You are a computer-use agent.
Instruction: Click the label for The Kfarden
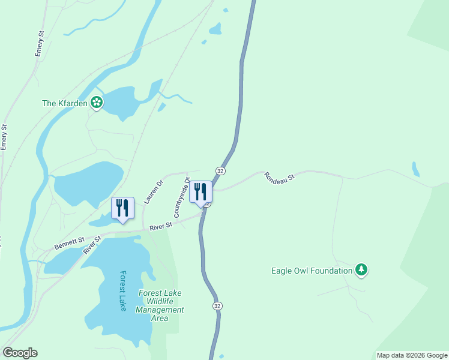pyautogui.click(x=65, y=103)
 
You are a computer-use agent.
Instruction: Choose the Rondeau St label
pyautogui.click(x=280, y=178)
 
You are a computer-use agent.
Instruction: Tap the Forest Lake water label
pyautogui.click(x=123, y=291)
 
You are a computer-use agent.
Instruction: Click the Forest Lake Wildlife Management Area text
pyautogui.click(x=160, y=305)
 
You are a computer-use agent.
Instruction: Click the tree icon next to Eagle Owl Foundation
pyautogui.click(x=361, y=271)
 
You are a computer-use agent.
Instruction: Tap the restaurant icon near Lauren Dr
pyautogui.click(x=122, y=208)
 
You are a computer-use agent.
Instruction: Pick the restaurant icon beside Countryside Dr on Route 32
pyautogui.click(x=200, y=192)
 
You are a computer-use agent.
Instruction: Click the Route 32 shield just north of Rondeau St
pyautogui.click(x=221, y=171)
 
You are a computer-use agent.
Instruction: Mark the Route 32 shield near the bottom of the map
pyautogui.click(x=217, y=305)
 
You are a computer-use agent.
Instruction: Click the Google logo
pyautogui.click(x=20, y=353)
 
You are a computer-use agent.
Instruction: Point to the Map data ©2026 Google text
pyautogui.click(x=411, y=355)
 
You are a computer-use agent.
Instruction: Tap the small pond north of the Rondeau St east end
pyautogui.click(x=415, y=169)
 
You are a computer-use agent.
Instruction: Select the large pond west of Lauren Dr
pyautogui.click(x=87, y=183)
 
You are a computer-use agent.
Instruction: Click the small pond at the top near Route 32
pyautogui.click(x=215, y=28)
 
